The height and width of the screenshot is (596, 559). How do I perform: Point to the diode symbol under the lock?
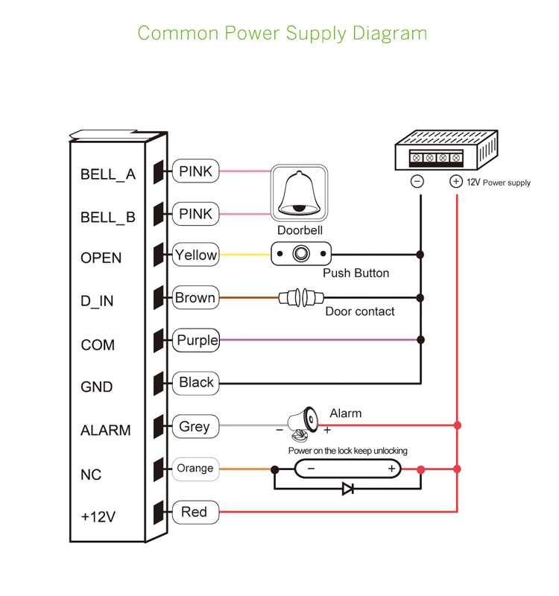click(347, 489)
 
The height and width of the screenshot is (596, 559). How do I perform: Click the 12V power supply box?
click(446, 151)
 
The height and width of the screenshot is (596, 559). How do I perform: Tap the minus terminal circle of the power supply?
click(418, 181)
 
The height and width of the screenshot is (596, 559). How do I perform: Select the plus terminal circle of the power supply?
click(456, 181)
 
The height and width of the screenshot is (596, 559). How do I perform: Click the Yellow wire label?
click(195, 255)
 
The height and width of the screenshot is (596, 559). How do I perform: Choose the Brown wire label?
click(195, 298)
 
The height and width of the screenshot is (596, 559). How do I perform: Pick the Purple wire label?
click(197, 340)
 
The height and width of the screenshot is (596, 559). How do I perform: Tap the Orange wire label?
click(195, 469)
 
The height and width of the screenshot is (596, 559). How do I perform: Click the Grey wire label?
click(195, 427)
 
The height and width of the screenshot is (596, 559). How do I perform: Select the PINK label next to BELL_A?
click(195, 171)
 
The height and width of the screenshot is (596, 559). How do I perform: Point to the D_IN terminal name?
click(97, 301)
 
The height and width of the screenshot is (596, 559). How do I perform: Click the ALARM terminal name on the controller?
click(105, 431)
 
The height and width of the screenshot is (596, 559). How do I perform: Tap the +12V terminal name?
click(98, 516)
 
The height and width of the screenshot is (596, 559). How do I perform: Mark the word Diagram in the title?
click(390, 34)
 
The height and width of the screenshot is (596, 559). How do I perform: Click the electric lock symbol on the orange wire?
click(348, 469)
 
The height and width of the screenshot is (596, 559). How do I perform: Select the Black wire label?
click(196, 382)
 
